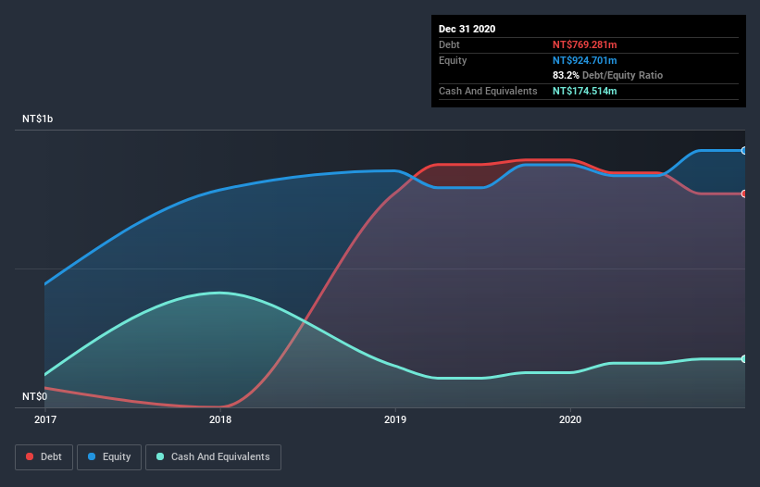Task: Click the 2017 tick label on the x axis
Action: pos(45,420)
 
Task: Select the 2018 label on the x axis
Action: pos(220,420)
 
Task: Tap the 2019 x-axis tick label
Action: pos(395,420)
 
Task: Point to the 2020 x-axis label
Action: pos(570,420)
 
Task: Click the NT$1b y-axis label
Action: pos(42,119)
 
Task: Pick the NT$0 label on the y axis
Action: pos(36,396)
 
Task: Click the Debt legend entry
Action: pos(43,456)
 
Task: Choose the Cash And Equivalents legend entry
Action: pos(213,456)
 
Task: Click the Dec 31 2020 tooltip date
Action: pos(467,29)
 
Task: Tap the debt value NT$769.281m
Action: pos(584,44)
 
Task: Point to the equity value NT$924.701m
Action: pos(584,60)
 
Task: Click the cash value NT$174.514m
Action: pos(584,91)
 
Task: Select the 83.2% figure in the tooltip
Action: pos(566,75)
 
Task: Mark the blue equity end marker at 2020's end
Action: pos(744,150)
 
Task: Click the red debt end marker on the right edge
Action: pos(744,194)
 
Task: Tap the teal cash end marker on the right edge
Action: pos(744,359)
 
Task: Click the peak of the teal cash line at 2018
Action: pos(219,293)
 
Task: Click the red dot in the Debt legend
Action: pos(30,456)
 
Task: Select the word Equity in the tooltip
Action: pos(454,60)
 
